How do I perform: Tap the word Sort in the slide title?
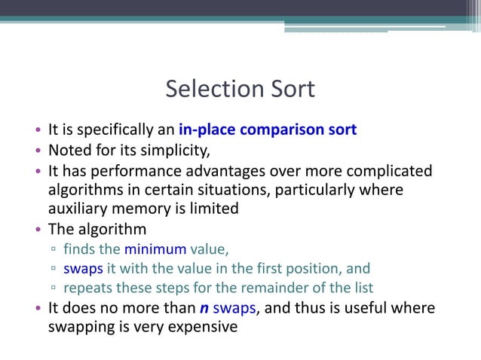click(x=288, y=90)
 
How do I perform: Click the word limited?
click(x=212, y=209)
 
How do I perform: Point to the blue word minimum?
click(x=155, y=249)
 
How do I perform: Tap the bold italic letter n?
click(x=203, y=309)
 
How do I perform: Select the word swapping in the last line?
click(x=80, y=328)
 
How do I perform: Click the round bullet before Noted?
click(x=38, y=149)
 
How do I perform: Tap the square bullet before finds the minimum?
click(x=54, y=250)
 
